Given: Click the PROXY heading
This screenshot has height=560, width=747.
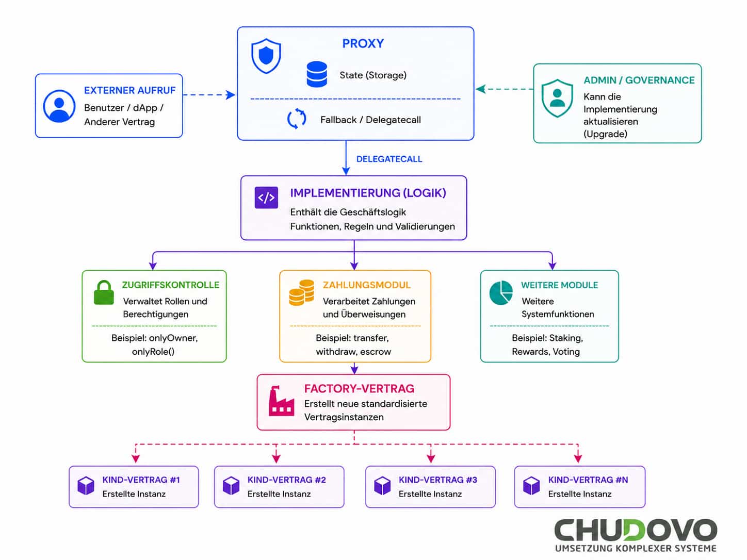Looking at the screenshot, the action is coord(363,43).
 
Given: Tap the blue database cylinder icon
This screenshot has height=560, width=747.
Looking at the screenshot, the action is coord(317,74).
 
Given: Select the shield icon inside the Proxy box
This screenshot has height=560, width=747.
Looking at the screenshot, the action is coord(266,56).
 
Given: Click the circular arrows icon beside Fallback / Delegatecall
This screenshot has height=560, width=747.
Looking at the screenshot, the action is coord(297,119).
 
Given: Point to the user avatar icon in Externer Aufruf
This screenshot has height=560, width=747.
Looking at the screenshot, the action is coord(59,106).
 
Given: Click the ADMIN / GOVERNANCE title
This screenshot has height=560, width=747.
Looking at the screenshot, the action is coord(639,80).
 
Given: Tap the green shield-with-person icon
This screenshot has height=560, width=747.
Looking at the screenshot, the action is coord(557,98).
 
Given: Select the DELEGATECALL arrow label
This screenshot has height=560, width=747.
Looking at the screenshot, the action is coord(389,159).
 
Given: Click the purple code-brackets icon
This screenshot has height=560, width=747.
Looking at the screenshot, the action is coord(266,197).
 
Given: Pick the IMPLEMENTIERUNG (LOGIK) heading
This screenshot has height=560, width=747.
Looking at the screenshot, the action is coord(368,193).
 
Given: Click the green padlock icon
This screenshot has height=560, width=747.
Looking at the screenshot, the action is coord(104,292).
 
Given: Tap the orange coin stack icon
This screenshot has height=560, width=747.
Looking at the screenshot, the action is coord(301,293).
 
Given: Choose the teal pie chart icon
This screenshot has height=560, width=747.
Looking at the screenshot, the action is coord(501,293).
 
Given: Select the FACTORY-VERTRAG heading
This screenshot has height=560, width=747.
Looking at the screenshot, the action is coord(359,388).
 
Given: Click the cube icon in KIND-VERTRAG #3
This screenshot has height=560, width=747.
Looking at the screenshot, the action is coord(382,486).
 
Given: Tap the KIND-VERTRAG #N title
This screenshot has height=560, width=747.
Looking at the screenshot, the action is coord(588,480).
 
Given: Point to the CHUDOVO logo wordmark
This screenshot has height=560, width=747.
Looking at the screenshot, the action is coord(636,530).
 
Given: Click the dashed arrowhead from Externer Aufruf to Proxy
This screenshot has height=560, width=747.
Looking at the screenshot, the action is coord(231,95).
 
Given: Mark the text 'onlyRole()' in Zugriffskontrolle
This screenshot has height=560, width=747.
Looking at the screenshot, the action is coord(153,352).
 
